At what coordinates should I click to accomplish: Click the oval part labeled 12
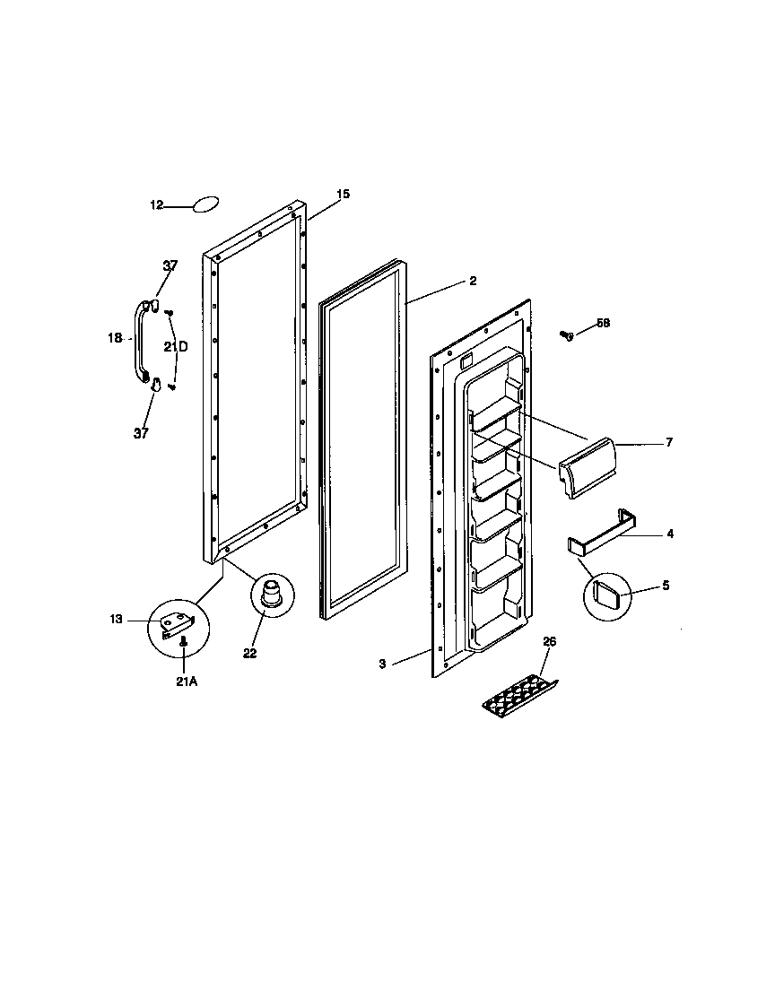tap(206, 205)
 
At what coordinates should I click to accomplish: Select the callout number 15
tap(343, 194)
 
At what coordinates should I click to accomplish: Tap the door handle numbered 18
tap(140, 343)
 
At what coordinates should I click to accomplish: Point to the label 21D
tap(176, 347)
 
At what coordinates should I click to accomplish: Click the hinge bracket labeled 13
tap(178, 622)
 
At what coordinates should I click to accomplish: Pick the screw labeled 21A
tap(183, 641)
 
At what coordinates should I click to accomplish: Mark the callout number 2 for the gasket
tap(473, 281)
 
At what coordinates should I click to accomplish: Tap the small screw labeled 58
tap(566, 335)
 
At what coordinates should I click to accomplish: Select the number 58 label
tap(603, 323)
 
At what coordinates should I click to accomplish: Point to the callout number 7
tap(669, 443)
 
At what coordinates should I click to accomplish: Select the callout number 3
tap(382, 664)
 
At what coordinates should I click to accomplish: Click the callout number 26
tap(550, 641)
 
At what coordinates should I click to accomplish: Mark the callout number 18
tap(114, 338)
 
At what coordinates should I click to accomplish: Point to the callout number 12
tap(156, 205)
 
